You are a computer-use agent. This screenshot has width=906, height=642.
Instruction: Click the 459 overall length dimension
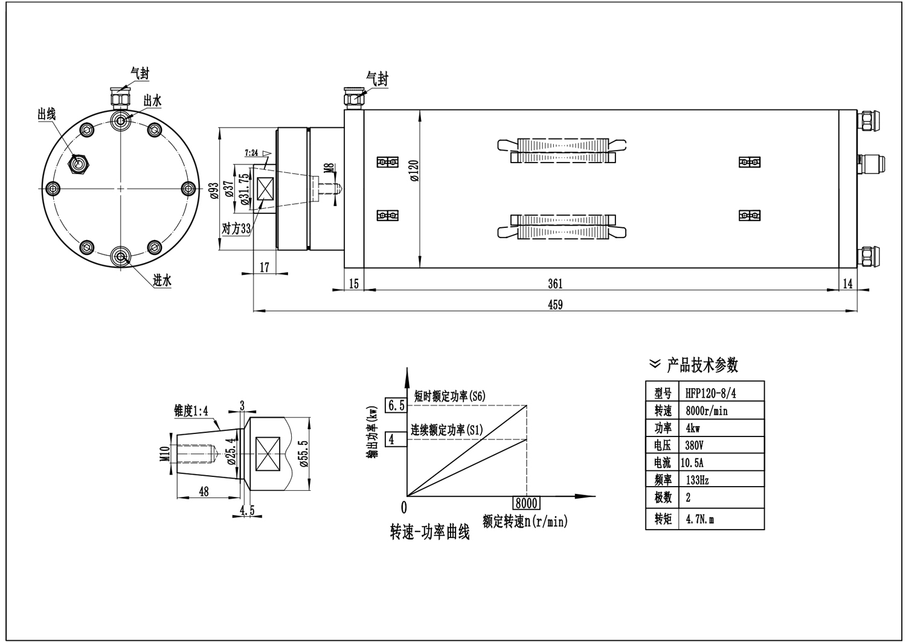555,305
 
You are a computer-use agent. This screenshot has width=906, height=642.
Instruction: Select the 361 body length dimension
555,283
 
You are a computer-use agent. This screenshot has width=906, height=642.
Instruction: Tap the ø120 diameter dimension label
414,170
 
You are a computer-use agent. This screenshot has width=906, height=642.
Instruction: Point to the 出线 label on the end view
47,114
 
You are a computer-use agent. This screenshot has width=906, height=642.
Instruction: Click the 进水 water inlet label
162,280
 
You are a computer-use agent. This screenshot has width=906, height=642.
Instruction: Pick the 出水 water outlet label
152,102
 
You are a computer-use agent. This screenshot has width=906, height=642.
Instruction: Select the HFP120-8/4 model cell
711,394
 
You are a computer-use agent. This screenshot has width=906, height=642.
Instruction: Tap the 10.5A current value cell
695,463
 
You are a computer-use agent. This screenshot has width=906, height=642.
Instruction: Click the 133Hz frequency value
697,481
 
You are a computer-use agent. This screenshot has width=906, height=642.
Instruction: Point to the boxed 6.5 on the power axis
396,406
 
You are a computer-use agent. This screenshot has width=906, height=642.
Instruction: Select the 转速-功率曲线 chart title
429,533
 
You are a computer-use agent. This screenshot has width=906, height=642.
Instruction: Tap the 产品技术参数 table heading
702,365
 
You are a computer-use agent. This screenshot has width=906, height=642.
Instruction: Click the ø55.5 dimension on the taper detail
303,451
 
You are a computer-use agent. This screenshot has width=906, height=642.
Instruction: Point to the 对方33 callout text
237,229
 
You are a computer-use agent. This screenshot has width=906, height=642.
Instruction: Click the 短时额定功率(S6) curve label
449,397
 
